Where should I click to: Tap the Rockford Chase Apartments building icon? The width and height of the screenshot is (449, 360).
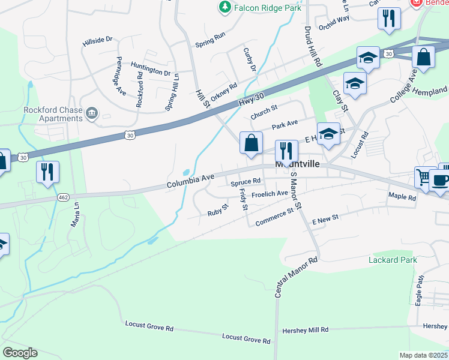[92, 112]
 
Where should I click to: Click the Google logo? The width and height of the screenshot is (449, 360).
[20, 353]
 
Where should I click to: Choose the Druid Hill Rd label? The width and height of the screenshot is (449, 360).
[313, 46]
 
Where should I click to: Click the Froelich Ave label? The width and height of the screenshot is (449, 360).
[270, 194]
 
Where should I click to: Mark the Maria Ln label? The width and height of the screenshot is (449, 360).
[76, 214]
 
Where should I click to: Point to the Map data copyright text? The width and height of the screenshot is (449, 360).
[424, 355]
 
